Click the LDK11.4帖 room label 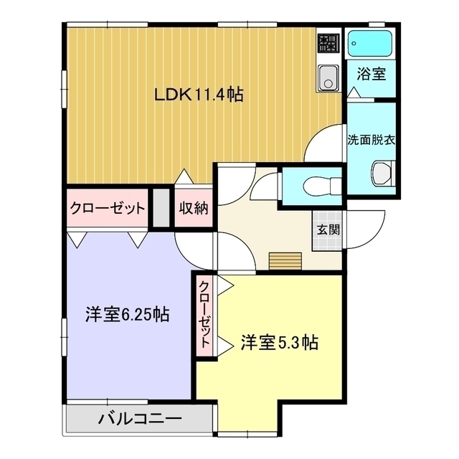pos(199,94)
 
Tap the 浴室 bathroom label pos(372,74)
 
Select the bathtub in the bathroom pos(370,43)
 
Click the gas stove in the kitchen pos(328,43)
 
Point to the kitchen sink pos(328,77)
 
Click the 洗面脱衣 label pos(372,141)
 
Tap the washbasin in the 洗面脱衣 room pos(382,174)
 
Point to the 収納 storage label pos(194,208)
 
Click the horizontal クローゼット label pos(108,209)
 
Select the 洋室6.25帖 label pos(128,315)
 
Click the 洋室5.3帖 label pos(280,342)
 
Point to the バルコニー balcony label pos(140,419)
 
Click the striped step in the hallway pos(285,261)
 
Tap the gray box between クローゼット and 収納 pos(161,208)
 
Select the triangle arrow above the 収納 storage pos(184,176)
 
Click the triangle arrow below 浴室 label pos(354,93)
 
